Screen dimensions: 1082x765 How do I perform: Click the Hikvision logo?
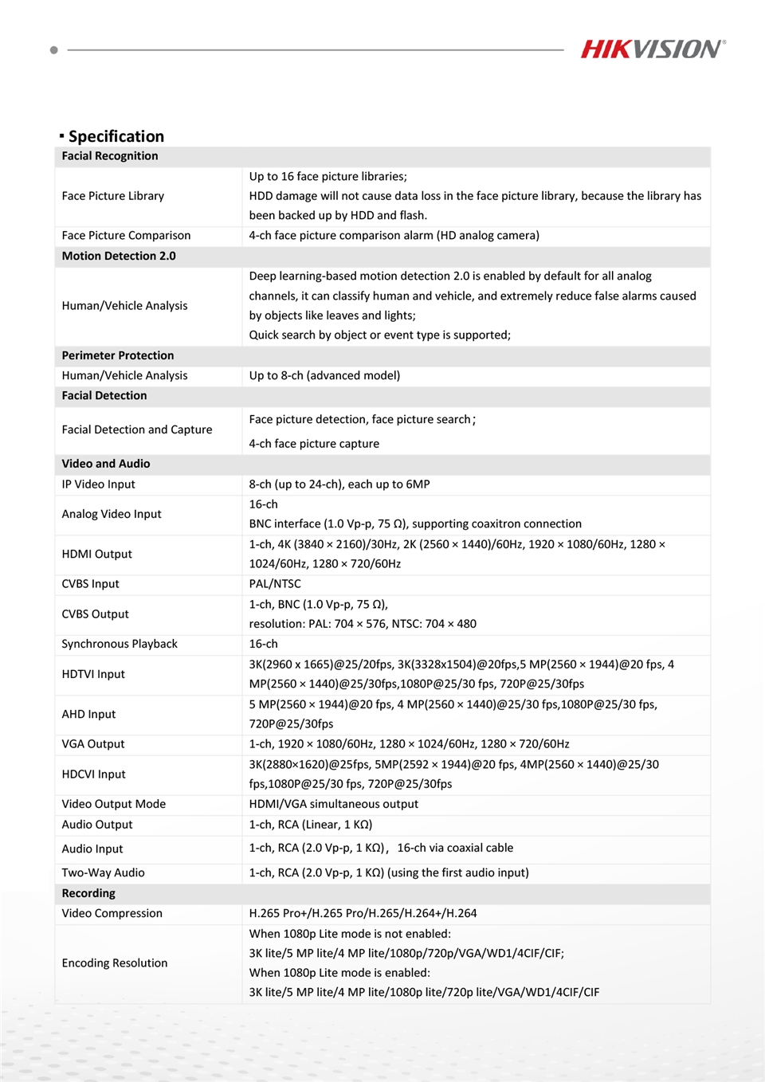point(653,49)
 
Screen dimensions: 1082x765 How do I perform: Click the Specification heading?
point(116,136)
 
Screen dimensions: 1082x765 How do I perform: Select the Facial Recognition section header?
point(110,156)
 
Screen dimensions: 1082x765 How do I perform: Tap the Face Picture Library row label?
point(113,196)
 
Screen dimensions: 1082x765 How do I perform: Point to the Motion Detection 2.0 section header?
point(119,256)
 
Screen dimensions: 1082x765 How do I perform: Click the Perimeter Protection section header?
point(118,355)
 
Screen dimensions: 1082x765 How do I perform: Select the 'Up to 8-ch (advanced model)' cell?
point(324,375)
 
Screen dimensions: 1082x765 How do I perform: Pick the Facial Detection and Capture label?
point(137,429)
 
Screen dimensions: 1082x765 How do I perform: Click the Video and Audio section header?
point(106,464)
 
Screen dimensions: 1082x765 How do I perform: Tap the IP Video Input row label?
point(99,484)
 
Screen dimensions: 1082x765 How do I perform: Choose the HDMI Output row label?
point(97,554)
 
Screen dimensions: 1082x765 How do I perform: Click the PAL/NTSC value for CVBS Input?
point(275,584)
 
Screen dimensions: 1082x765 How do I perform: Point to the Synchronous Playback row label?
point(120,644)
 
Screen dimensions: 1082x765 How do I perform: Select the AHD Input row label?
point(89,714)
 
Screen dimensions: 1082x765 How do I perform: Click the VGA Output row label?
point(93,744)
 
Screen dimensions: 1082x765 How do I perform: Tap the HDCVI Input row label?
point(94,774)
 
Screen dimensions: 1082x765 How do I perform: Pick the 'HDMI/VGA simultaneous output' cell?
point(333,804)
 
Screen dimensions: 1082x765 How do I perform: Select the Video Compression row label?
point(112,913)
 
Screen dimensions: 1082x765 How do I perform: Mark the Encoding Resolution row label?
point(115,963)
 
